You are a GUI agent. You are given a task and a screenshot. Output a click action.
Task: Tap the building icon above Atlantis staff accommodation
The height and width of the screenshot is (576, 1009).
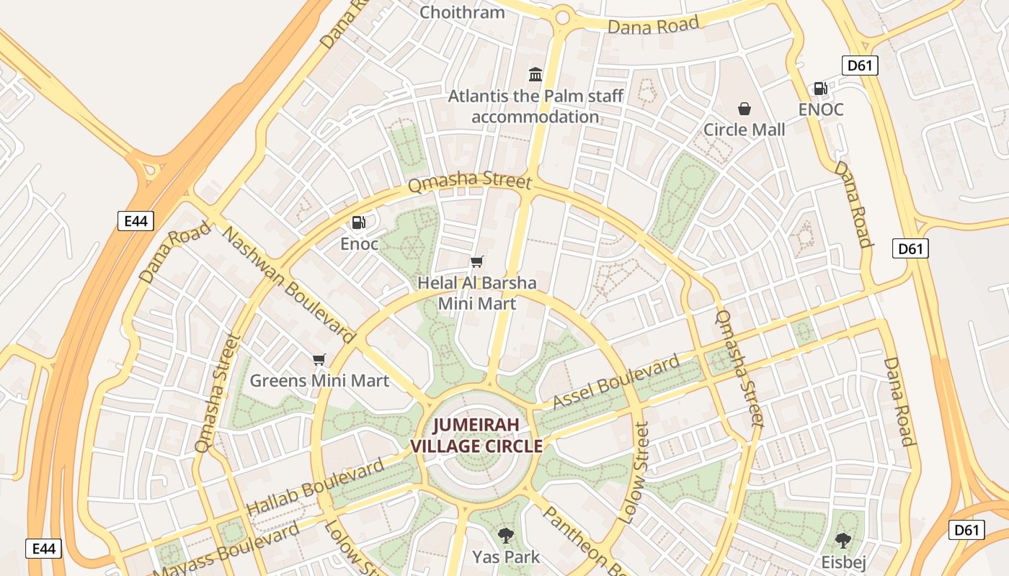click(x=535, y=74)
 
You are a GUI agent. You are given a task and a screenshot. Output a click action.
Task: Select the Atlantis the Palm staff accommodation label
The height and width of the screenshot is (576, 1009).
click(x=535, y=106)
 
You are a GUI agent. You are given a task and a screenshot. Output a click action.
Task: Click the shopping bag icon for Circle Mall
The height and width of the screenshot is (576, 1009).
click(x=744, y=109)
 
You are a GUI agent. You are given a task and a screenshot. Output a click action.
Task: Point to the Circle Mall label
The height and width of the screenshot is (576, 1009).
click(x=744, y=130)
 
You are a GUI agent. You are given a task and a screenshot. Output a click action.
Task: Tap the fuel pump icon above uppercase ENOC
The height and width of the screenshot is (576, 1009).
click(x=820, y=89)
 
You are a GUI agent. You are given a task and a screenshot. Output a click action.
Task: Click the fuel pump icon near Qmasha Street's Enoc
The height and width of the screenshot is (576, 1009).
click(x=359, y=223)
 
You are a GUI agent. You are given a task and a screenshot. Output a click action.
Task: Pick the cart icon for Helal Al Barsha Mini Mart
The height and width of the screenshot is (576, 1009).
click(x=476, y=262)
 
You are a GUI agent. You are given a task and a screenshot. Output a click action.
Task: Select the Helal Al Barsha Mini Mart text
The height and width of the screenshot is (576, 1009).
click(x=477, y=293)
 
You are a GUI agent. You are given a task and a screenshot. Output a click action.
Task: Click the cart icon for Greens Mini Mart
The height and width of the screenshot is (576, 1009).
click(x=319, y=359)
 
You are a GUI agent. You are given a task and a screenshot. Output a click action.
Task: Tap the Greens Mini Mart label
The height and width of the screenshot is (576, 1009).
click(x=319, y=380)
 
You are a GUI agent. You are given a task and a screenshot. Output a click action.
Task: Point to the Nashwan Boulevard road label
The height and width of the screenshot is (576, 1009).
click(x=288, y=284)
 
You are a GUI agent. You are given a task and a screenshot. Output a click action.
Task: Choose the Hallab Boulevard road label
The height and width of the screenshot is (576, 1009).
click(x=316, y=487)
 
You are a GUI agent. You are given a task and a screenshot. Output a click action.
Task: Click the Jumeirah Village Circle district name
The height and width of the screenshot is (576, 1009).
click(x=476, y=436)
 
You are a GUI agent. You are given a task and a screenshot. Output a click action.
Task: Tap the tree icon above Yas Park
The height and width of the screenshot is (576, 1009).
click(x=506, y=535)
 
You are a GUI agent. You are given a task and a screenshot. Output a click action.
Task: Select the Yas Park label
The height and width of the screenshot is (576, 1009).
click(x=506, y=557)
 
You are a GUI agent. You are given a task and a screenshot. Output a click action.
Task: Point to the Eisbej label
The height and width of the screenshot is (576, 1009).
click(x=843, y=562)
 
